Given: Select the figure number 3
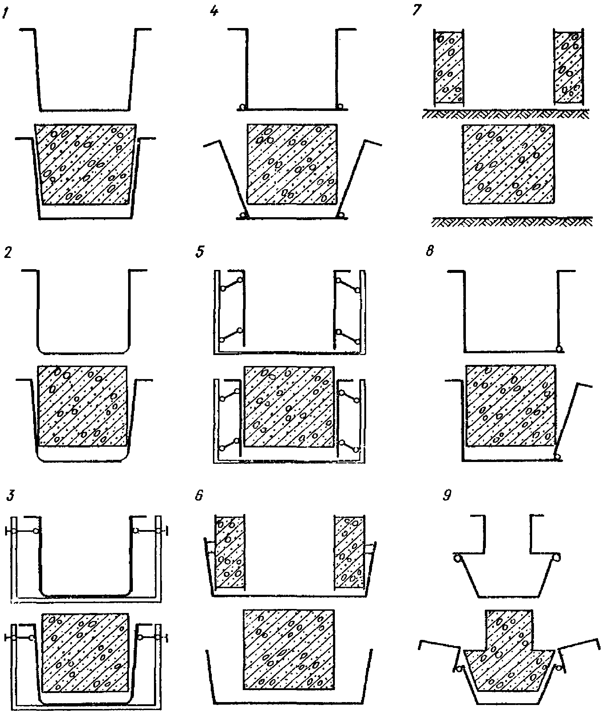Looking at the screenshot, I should (11, 496).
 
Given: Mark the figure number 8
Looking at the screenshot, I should (430, 252).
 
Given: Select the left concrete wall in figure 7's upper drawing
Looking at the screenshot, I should (448, 67).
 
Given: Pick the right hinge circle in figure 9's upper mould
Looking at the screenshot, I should (557, 557).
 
